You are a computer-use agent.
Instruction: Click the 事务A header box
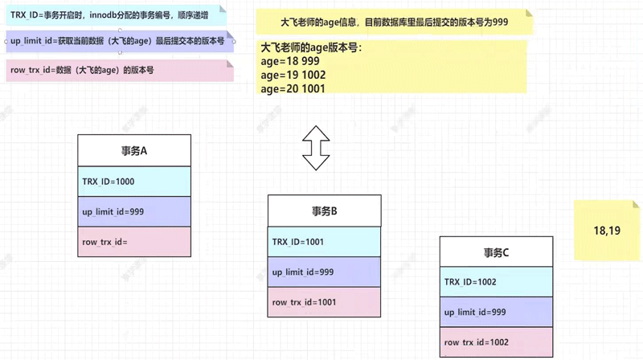[x=134, y=150]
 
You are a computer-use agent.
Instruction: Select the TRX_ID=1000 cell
[x=134, y=182]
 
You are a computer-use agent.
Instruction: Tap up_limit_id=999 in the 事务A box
[x=134, y=211]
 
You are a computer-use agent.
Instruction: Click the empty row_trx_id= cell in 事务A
[x=134, y=241]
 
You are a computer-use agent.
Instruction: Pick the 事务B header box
[x=324, y=211]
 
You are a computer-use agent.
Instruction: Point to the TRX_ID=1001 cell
[x=324, y=242]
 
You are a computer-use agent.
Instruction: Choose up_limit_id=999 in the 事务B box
[x=324, y=272]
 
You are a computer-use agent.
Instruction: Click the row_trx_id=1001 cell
[x=324, y=302]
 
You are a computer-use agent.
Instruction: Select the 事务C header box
[x=496, y=252]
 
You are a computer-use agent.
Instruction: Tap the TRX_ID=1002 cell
[x=496, y=282]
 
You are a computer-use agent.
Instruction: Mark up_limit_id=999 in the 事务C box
[x=496, y=312]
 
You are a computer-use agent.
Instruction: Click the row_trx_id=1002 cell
[x=496, y=342]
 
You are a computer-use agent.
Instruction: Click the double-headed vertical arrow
[x=316, y=148]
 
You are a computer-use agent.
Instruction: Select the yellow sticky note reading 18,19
[x=607, y=231]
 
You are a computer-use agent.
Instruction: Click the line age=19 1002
[x=293, y=76]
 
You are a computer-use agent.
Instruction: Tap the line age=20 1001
[x=293, y=89]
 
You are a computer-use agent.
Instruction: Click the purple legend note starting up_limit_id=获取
[x=119, y=41]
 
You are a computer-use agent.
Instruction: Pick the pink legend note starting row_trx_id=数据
[x=119, y=71]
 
